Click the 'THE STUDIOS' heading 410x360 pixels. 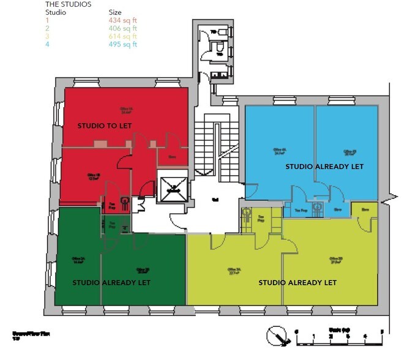coord(69,4)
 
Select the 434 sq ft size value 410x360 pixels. coord(123,21)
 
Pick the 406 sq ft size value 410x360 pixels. coord(123,29)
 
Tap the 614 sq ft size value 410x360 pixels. coord(123,37)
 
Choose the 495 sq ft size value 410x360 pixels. coord(123,45)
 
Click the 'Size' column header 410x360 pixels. coord(115,12)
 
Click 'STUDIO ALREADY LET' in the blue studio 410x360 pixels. coord(324,167)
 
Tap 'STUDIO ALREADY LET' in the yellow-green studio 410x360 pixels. coord(297,283)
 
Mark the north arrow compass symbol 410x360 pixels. coord(277,337)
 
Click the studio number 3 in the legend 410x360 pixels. coord(48,37)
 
